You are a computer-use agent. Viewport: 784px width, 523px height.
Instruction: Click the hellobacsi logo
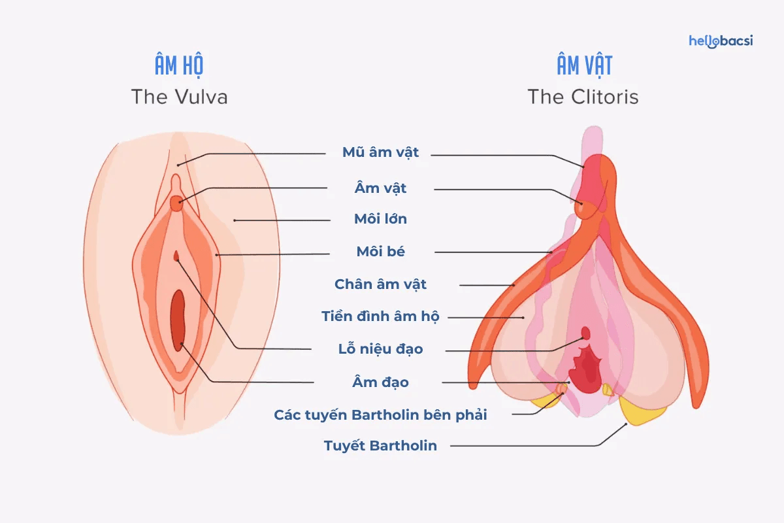721,41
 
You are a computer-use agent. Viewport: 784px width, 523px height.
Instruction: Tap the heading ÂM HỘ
179,67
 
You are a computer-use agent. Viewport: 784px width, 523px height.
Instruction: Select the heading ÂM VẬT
584,67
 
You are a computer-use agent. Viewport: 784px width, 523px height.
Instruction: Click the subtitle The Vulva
179,97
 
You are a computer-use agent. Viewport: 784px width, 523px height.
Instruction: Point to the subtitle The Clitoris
583,97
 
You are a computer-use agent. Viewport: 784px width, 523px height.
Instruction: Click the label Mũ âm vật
381,153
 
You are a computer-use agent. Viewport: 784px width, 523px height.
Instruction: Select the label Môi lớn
380,219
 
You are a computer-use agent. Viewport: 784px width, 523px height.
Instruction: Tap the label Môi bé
381,252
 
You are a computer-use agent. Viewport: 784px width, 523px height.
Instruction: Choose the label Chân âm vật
380,284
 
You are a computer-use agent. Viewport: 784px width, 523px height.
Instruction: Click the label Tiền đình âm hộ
380,317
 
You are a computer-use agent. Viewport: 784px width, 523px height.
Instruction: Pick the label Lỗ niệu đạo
381,349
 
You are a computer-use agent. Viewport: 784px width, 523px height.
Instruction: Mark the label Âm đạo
381,382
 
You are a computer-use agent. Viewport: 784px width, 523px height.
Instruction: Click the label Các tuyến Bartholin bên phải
380,415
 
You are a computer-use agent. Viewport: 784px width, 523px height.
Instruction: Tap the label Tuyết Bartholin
380,447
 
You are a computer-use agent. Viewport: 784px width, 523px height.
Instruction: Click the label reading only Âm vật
381,188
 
